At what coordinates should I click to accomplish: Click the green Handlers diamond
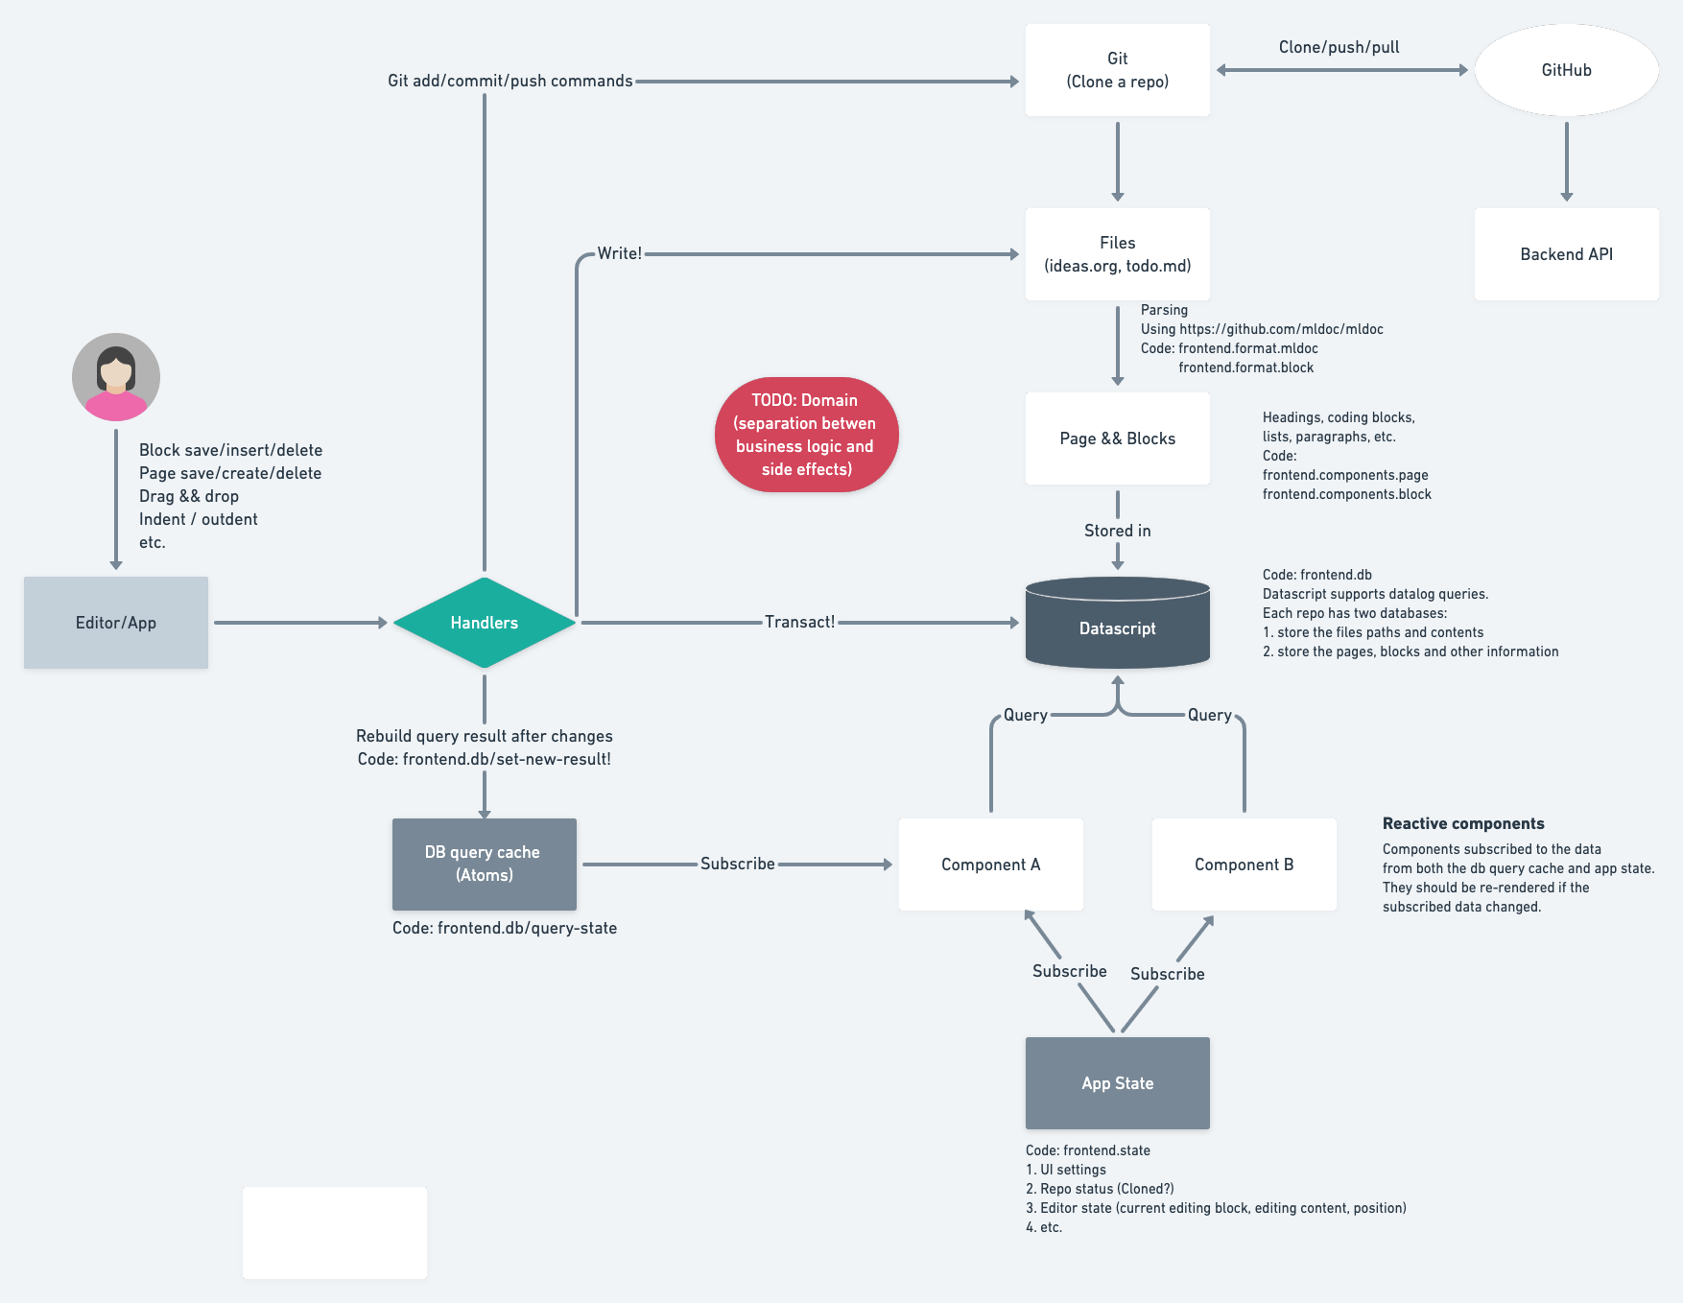point(485,623)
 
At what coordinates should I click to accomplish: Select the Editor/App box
point(116,623)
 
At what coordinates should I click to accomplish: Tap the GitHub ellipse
point(1566,70)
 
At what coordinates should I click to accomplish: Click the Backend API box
point(1566,254)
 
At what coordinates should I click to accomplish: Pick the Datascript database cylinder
point(1117,624)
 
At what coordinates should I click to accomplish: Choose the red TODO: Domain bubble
point(806,435)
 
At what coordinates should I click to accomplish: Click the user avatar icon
point(116,377)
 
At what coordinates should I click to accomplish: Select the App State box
point(1117,1083)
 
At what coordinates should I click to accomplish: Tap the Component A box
point(990,865)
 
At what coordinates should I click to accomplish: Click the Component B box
point(1244,865)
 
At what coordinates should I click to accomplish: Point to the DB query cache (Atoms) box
point(485,864)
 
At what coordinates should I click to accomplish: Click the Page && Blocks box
point(1117,438)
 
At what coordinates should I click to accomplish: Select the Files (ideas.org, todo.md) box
point(1117,254)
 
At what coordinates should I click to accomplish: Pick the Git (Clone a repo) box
point(1117,70)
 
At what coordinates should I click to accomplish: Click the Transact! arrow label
point(799,622)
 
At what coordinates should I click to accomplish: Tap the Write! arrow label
point(619,253)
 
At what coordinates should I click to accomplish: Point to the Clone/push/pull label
point(1339,47)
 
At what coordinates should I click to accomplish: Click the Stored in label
point(1117,531)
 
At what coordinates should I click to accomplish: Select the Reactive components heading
point(1463,823)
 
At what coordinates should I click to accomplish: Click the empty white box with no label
point(335,1232)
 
